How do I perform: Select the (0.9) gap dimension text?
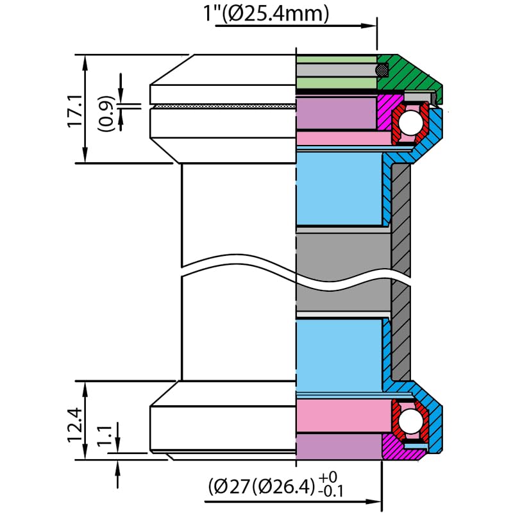[107, 113]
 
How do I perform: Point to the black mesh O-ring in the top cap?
[383, 67]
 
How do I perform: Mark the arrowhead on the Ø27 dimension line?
[376, 502]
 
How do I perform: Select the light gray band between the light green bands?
[336, 70]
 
